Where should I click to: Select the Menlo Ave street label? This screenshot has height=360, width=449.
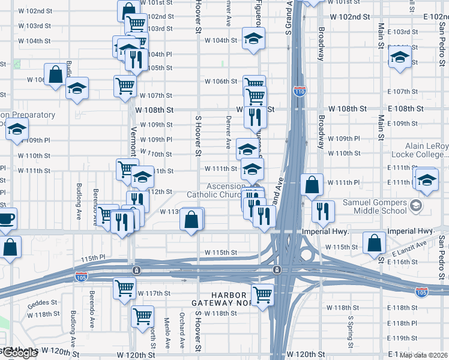(167, 329)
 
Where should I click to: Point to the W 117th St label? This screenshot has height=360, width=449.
(155, 293)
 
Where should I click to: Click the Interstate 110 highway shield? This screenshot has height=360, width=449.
(300, 91)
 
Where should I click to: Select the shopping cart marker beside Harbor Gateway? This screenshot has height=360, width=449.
(262, 294)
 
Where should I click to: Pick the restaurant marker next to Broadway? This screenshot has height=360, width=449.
(323, 211)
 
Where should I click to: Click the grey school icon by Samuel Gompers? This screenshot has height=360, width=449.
(415, 207)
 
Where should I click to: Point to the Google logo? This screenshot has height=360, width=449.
(18, 353)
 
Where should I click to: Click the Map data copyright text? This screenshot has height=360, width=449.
(424, 355)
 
